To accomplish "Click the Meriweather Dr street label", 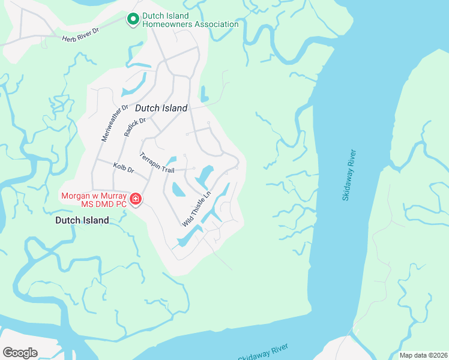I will pyautogui.click(x=115, y=122).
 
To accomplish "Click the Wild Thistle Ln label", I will pyautogui.click(x=197, y=209).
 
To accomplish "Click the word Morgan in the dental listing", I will pyautogui.click(x=76, y=196).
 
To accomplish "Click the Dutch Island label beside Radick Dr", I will pyautogui.click(x=161, y=108).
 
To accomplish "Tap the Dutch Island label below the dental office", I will pyautogui.click(x=82, y=220).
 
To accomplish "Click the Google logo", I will pyautogui.click(x=20, y=353).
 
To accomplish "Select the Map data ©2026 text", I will pyautogui.click(x=423, y=355).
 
